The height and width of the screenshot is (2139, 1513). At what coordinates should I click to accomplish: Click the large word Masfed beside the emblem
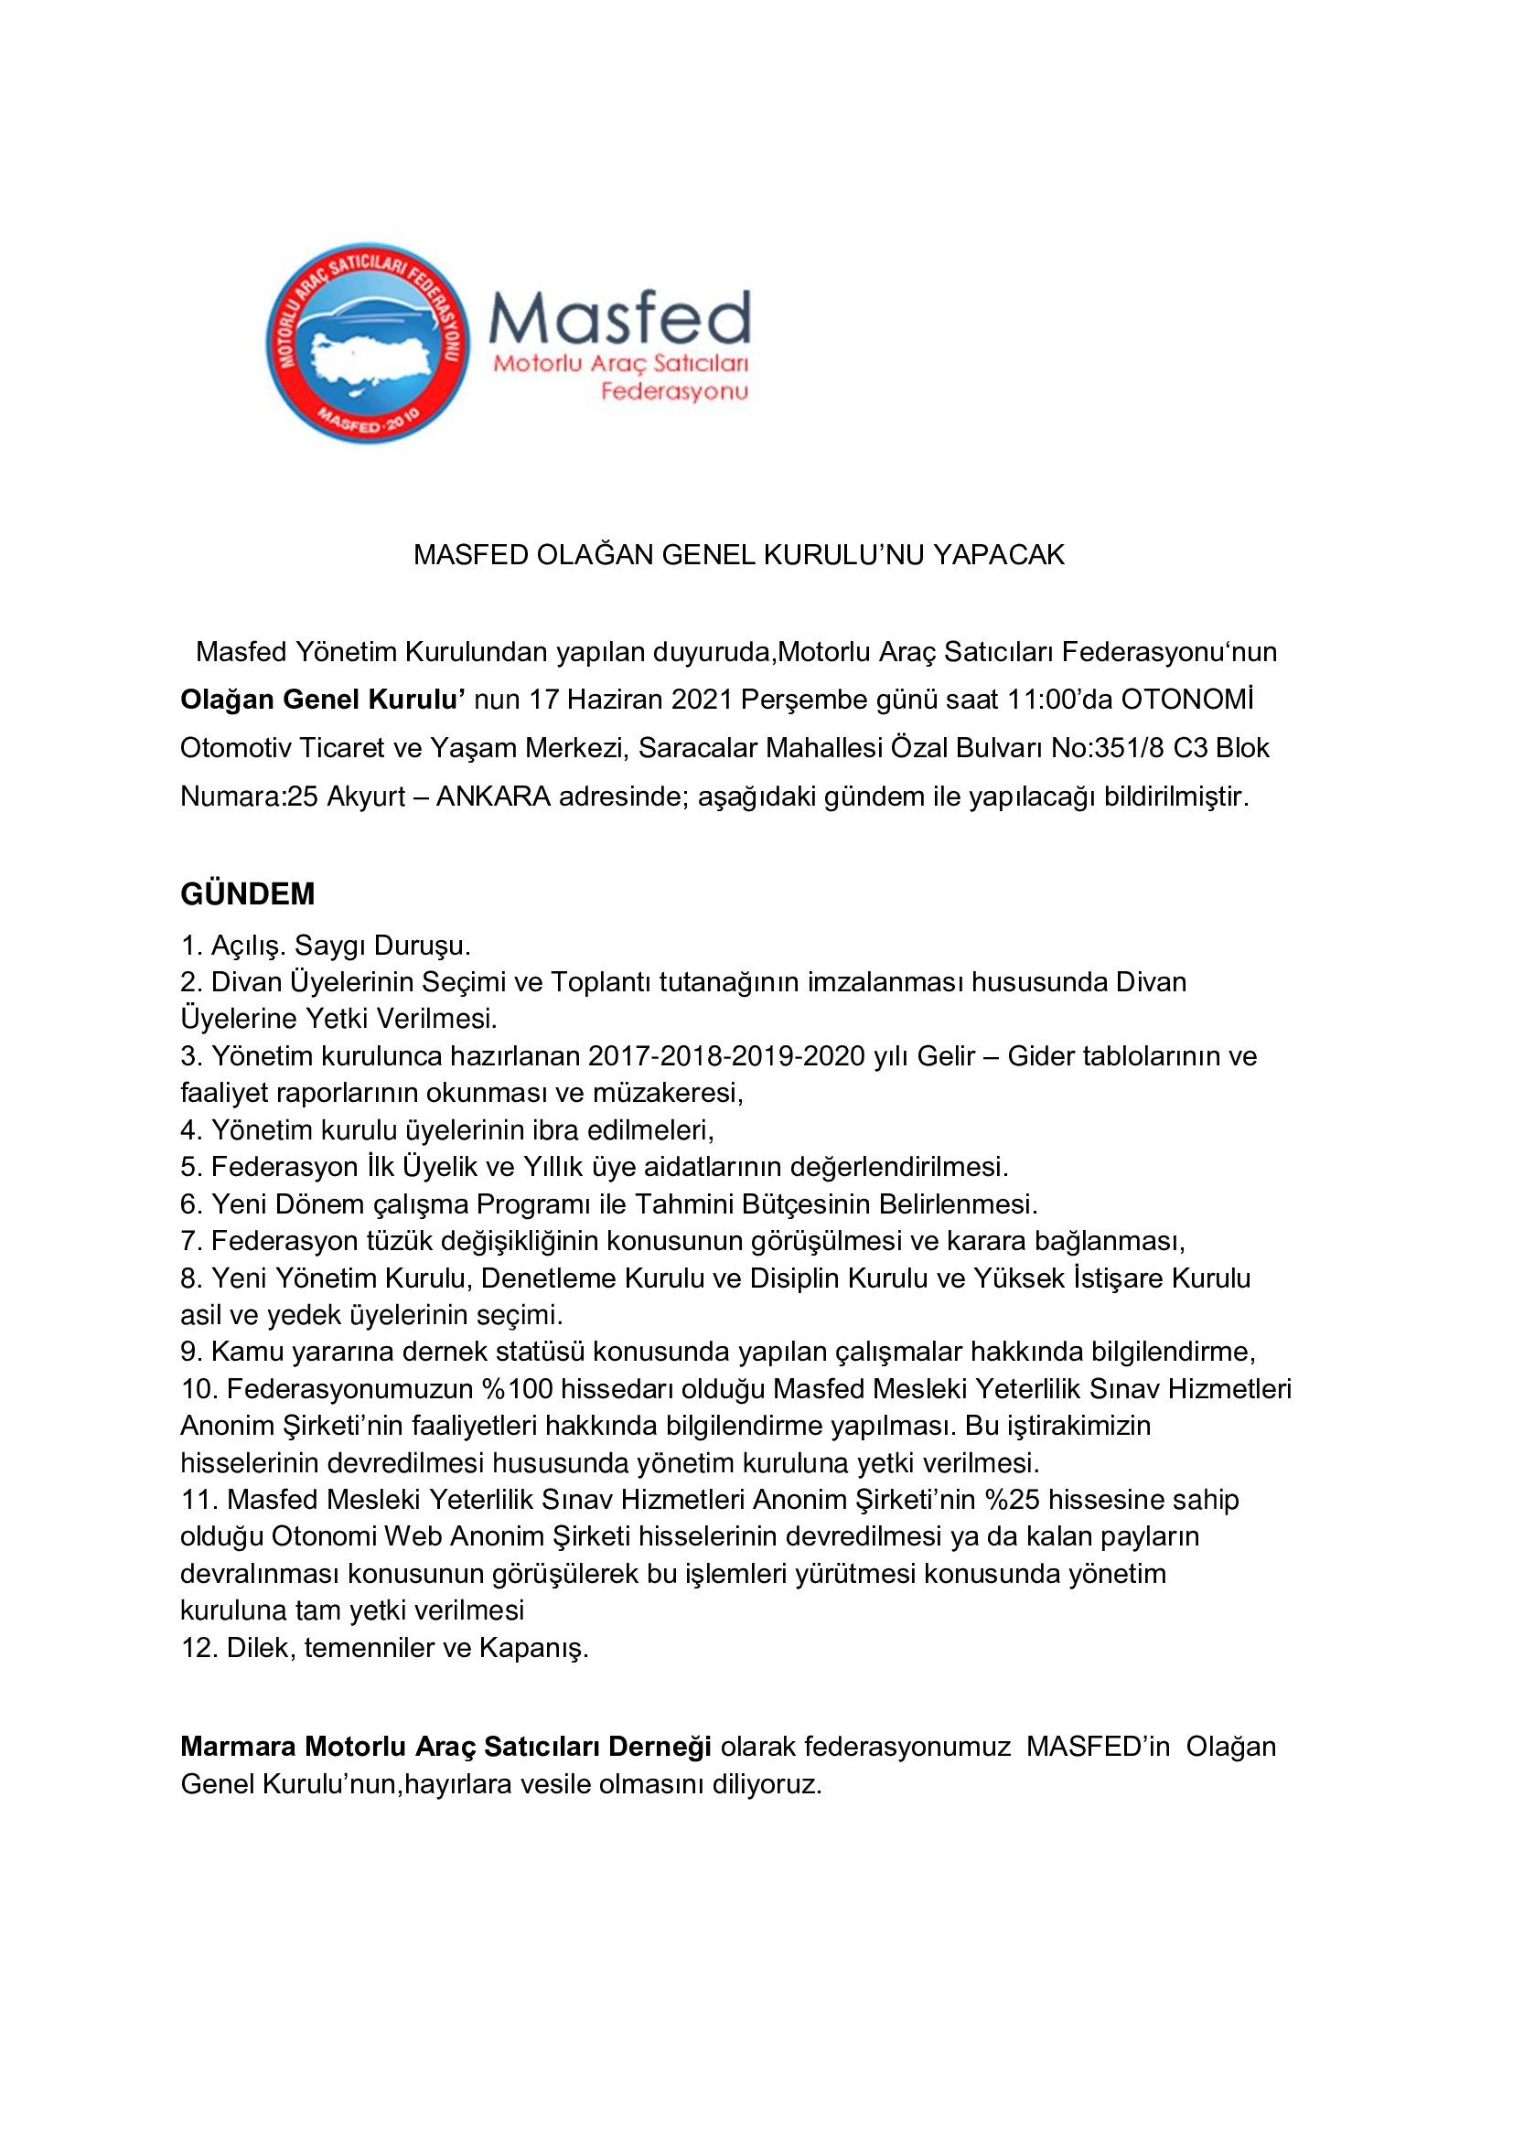click(619, 317)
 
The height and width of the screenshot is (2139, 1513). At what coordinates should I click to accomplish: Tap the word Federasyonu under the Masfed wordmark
click(673, 391)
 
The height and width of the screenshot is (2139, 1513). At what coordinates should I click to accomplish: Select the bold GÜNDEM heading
click(248, 894)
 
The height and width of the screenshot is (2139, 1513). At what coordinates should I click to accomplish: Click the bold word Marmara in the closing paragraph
click(239, 1746)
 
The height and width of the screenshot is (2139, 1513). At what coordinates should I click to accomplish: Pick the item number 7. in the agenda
click(192, 1241)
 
